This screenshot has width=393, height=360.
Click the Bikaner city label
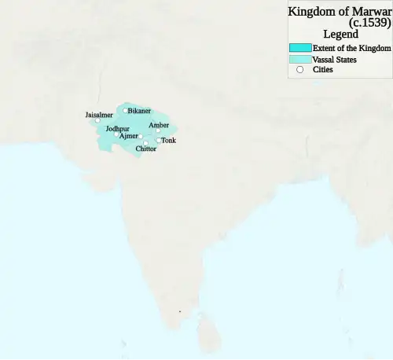[140, 111]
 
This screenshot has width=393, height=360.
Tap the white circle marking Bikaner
[124, 111]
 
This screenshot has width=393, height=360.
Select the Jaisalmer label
[99, 115]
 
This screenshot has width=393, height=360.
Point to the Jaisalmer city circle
[97, 121]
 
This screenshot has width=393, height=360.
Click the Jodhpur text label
[117, 127]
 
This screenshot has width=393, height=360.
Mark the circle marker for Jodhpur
[116, 134]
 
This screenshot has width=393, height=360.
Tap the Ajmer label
[129, 136]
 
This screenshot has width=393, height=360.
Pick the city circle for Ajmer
[141, 137]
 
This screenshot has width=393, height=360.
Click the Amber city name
[158, 124]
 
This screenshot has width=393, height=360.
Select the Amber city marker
[157, 130]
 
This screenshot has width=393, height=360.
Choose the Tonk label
[168, 141]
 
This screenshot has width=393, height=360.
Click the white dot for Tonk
[159, 141]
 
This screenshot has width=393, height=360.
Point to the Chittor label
[145, 149]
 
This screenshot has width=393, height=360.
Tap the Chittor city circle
[145, 143]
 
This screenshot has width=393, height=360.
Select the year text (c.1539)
[369, 23]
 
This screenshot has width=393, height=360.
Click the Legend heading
[340, 34]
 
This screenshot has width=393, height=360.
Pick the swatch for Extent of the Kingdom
[300, 48]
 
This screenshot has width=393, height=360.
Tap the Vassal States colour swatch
[300, 59]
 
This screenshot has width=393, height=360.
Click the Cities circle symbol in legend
[299, 70]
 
